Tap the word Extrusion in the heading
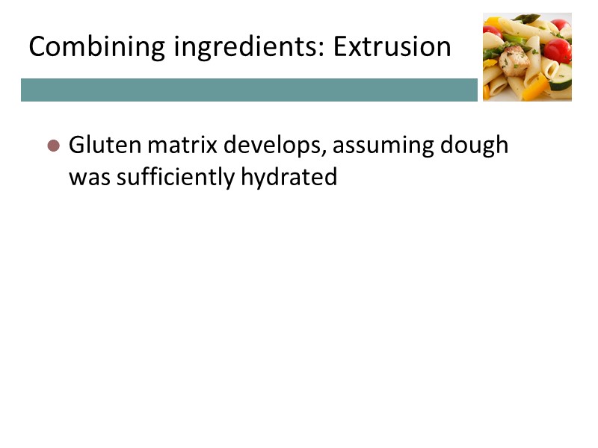tap(392, 47)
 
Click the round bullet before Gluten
tap(53, 146)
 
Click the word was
tap(85, 178)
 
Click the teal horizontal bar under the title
tap(249, 90)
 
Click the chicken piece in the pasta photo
tap(515, 60)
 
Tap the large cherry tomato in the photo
tap(558, 51)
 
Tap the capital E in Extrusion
tap(341, 47)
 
